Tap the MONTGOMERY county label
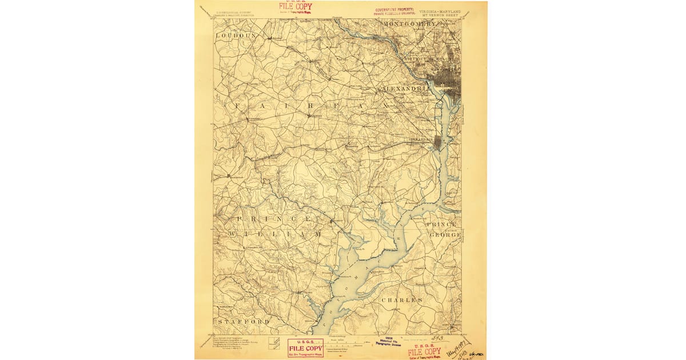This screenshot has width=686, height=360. [x=410, y=25]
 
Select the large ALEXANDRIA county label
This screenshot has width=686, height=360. [x=407, y=89]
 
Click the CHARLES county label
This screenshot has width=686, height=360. [x=402, y=299]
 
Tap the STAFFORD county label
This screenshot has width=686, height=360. [x=242, y=322]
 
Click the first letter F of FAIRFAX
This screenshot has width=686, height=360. [x=236, y=106]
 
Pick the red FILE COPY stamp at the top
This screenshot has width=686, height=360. [x=296, y=7]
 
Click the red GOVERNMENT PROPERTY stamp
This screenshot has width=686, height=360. [x=402, y=11]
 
